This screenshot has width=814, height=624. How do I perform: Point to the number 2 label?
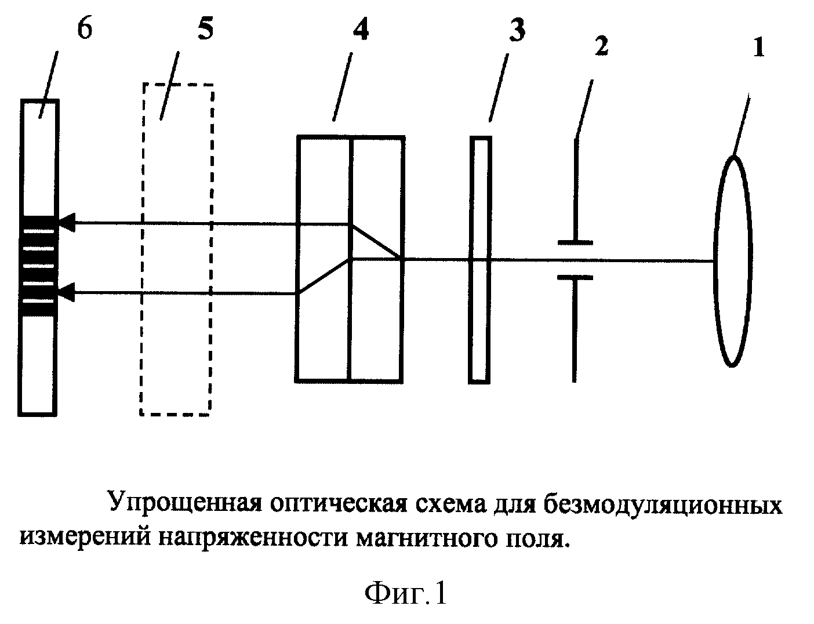(x=602, y=46)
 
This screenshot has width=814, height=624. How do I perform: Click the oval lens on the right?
(x=733, y=261)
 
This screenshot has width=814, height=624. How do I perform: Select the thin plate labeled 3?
(x=480, y=260)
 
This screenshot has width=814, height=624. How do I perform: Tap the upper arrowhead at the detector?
(x=67, y=223)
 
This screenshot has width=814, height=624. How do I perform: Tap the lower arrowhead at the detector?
(x=67, y=292)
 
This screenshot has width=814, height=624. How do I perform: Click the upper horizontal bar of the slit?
(x=575, y=243)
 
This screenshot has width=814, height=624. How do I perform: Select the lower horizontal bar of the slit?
(x=575, y=278)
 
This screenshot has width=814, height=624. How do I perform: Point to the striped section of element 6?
(x=38, y=266)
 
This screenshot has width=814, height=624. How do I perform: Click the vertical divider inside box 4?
(x=350, y=259)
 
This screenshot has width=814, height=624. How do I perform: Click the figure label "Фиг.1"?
(x=406, y=593)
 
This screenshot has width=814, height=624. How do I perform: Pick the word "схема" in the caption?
(x=448, y=505)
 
